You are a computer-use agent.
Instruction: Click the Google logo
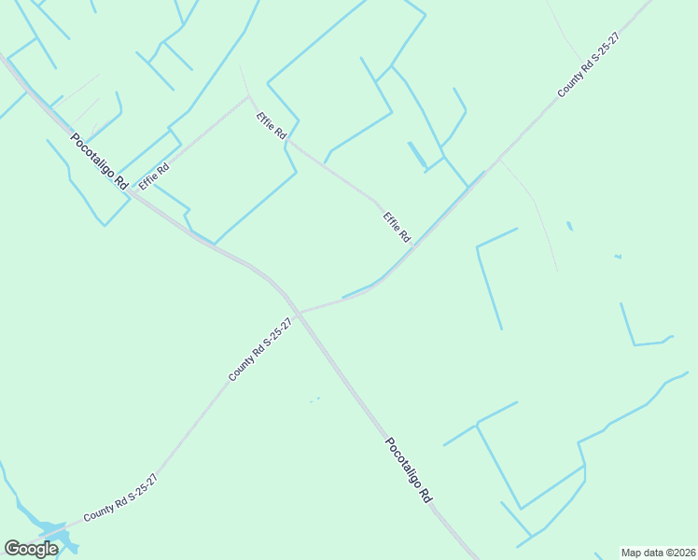coord(31,549)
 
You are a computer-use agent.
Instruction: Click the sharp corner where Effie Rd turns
coord(248,95)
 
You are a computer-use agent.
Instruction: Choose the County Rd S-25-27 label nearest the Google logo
coord(119,498)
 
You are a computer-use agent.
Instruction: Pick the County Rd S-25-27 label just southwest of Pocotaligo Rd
coord(260,349)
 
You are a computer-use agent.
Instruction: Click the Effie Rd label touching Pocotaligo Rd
coord(154,175)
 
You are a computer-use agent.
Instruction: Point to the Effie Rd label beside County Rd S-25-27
coord(397,227)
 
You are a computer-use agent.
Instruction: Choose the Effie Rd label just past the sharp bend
coord(272,127)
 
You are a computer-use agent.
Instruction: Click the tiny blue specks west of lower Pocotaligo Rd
coord(314,400)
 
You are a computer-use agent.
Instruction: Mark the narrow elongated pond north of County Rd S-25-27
coord(416,154)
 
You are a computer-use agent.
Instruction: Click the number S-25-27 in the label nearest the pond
coord(139,486)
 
